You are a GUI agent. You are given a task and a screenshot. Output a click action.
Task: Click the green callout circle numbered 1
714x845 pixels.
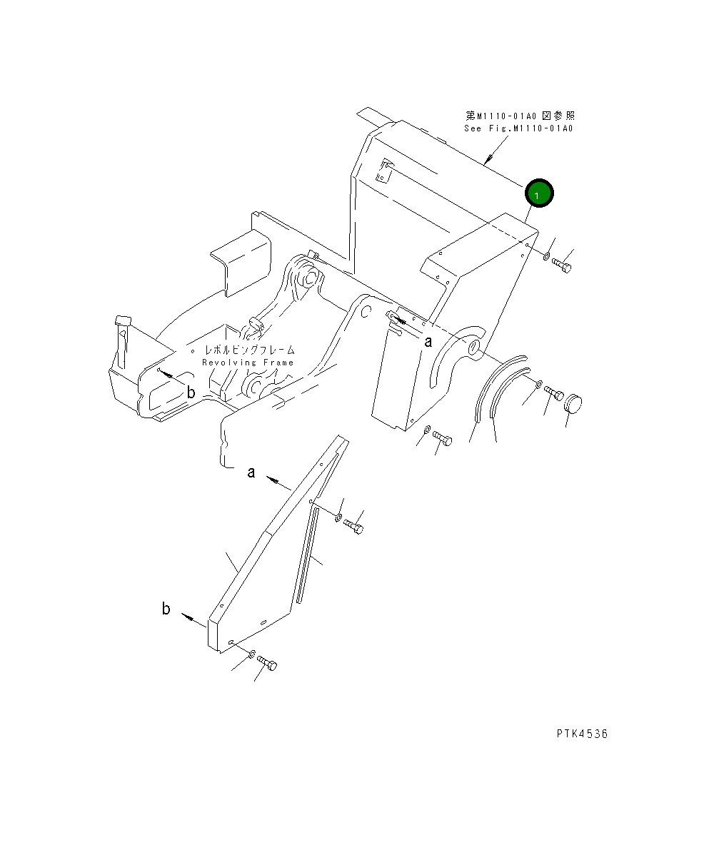tap(539, 193)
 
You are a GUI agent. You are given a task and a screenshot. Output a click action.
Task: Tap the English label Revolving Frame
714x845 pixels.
tap(248, 363)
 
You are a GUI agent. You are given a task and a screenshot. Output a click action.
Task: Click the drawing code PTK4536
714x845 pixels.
tap(583, 734)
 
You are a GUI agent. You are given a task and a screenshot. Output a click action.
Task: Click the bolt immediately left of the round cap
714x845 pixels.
tap(554, 393)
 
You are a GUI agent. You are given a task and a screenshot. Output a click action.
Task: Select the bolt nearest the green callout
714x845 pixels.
tap(563, 265)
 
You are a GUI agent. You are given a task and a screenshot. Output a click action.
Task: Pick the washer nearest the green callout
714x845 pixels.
tap(545, 255)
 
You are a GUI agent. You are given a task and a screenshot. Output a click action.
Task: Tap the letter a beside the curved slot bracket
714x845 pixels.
tap(428, 341)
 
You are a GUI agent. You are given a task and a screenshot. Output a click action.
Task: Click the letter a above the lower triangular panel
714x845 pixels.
tap(251, 472)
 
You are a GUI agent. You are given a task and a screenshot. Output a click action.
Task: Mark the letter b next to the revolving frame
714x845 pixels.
tap(191, 392)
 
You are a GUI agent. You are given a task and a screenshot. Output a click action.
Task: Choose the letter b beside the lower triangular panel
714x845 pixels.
tap(166, 609)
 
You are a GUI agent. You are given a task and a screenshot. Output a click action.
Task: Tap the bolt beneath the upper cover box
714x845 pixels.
tap(441, 439)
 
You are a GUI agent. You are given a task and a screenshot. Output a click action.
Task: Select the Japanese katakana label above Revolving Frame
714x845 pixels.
tap(249, 350)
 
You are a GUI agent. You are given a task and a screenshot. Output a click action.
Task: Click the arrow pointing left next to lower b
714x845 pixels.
tap(188, 617)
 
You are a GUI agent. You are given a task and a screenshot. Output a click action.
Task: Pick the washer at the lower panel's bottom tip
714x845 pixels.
tap(252, 654)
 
